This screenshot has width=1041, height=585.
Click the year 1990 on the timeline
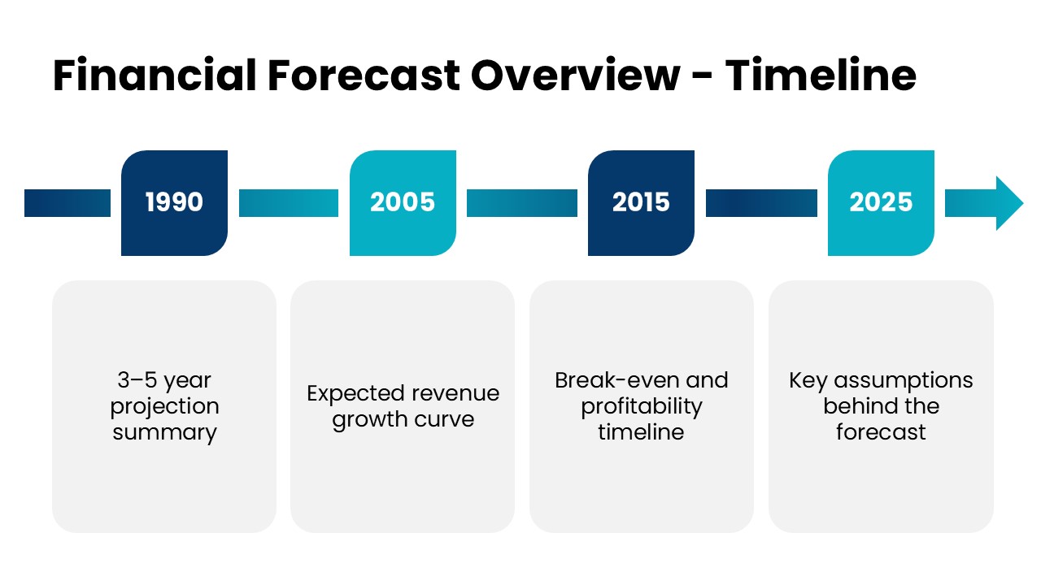[174, 203]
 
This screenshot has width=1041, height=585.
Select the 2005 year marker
[403, 203]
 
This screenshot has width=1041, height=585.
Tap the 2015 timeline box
[642, 203]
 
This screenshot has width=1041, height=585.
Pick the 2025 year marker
[881, 203]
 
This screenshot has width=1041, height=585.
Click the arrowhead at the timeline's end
[1008, 203]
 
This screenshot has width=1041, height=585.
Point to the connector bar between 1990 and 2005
[289, 203]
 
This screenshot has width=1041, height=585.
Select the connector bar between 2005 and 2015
[522, 203]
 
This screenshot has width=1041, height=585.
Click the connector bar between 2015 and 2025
[761, 203]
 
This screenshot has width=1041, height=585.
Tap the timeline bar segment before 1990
[68, 203]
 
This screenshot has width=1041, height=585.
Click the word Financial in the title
[155, 76]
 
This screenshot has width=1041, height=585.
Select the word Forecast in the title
[364, 76]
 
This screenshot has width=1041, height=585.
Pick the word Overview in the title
[575, 76]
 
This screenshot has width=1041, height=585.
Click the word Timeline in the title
[821, 76]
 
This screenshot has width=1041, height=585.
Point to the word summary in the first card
[164, 433]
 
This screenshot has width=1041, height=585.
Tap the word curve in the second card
[444, 420]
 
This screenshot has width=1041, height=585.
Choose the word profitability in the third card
[642, 407]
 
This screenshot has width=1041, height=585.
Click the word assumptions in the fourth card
[903, 381]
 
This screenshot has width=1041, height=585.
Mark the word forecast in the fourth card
[881, 432]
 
